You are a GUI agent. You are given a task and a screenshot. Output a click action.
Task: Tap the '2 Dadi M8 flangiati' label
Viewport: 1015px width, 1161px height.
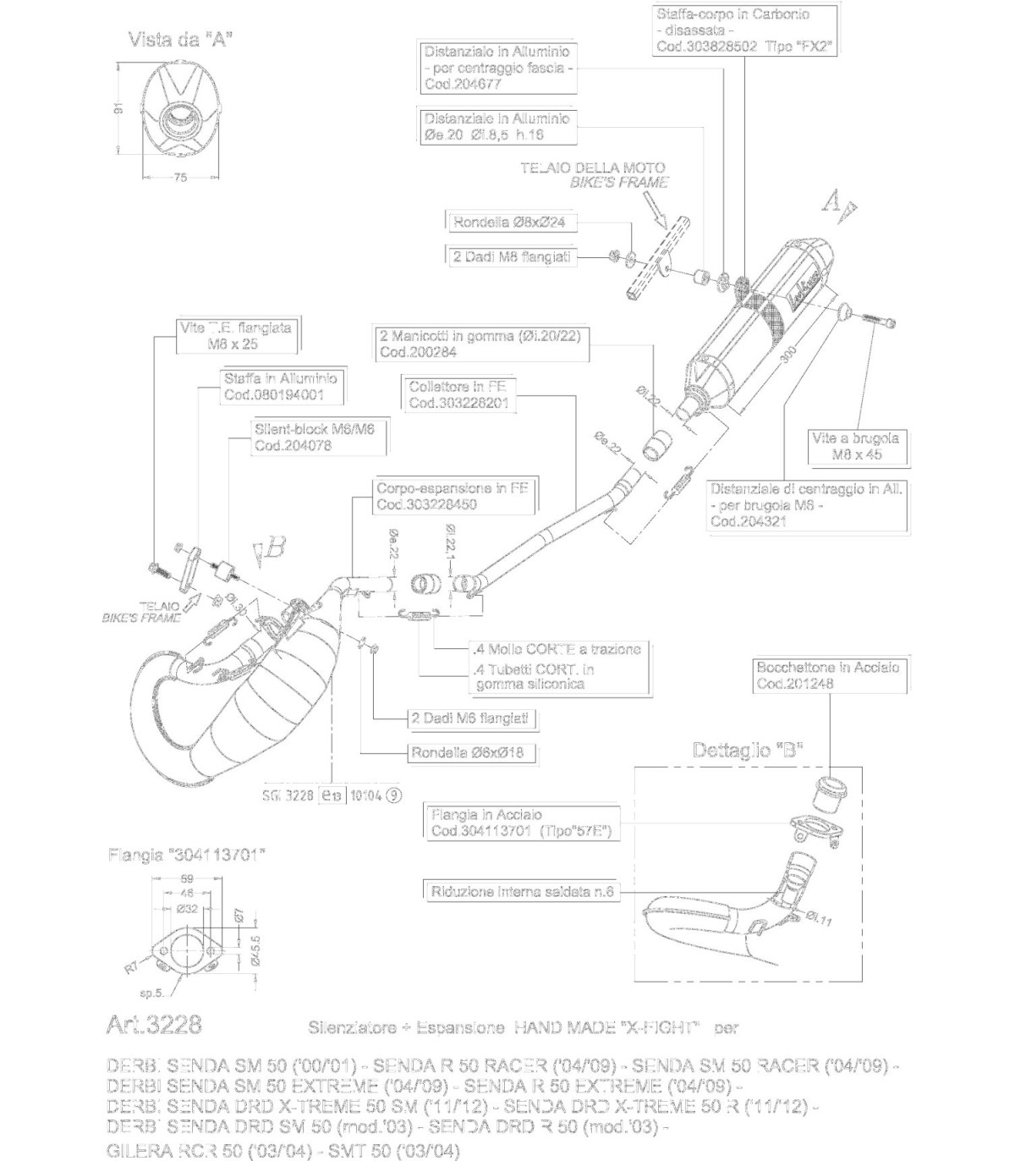511,256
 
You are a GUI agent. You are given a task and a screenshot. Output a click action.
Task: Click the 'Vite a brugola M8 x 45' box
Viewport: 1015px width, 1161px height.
855,446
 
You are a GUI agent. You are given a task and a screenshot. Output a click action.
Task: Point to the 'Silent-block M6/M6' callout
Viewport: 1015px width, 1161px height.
314,437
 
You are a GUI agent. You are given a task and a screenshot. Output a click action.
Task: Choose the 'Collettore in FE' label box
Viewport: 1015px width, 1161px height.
458,395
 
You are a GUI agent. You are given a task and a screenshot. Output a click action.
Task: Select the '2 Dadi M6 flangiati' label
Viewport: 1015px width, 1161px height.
469,718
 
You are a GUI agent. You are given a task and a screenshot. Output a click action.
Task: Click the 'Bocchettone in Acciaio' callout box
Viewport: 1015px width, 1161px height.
827,675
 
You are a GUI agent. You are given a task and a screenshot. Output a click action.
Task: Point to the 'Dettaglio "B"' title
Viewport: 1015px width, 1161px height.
748,750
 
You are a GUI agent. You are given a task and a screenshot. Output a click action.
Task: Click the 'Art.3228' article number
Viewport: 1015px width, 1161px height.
154,1025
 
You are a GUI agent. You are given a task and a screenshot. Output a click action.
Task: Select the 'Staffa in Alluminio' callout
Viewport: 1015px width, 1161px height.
280,387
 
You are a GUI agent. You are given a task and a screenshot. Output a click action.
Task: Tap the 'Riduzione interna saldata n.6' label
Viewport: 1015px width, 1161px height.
521,891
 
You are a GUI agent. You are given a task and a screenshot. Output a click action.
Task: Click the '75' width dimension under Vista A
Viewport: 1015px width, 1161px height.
179,178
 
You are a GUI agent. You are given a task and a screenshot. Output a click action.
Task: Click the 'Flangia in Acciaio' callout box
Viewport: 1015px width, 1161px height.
521,823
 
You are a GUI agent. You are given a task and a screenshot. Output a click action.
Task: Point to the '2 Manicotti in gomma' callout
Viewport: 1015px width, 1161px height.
479,344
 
